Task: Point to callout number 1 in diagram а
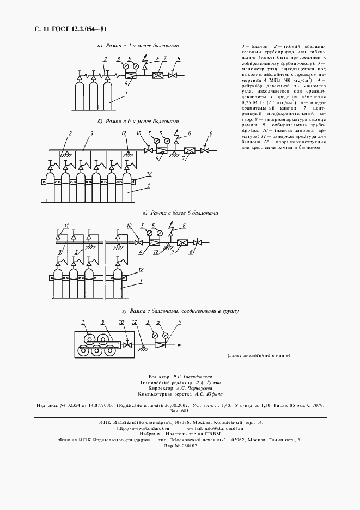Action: tap(126, 94)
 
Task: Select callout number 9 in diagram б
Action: tap(92, 133)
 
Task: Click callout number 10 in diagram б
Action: tap(138, 133)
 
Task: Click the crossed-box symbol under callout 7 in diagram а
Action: tap(158, 76)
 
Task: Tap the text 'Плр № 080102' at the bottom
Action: tap(180, 445)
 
